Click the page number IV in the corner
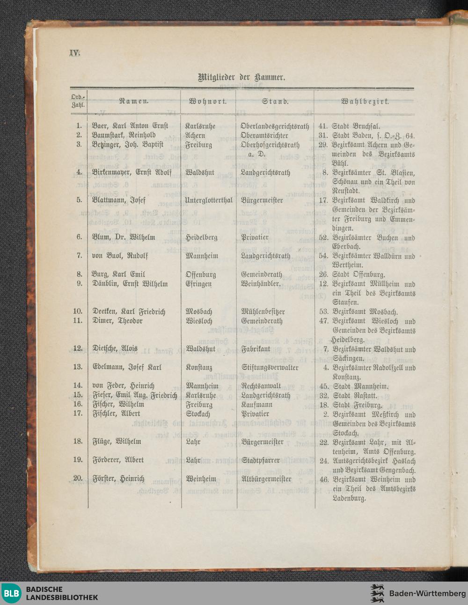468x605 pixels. [x=75, y=52]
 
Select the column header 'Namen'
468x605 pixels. [x=134, y=101]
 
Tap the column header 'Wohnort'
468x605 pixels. [x=208, y=101]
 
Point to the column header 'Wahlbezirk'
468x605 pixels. [x=365, y=101]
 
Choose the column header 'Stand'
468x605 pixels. [x=275, y=101]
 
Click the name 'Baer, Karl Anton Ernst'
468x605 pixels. [x=130, y=126]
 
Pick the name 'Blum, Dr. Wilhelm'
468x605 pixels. [x=123, y=237]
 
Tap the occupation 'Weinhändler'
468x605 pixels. [x=260, y=284]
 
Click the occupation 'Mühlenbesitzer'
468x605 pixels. [x=263, y=311]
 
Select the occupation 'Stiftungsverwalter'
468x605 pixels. [x=269, y=367]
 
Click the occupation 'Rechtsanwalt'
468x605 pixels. [x=261, y=386]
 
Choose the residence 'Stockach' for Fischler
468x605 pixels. [x=197, y=414]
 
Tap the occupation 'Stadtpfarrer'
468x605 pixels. [x=261, y=460]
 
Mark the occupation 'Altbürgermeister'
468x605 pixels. [x=266, y=479]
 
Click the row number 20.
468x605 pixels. [x=78, y=478]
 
